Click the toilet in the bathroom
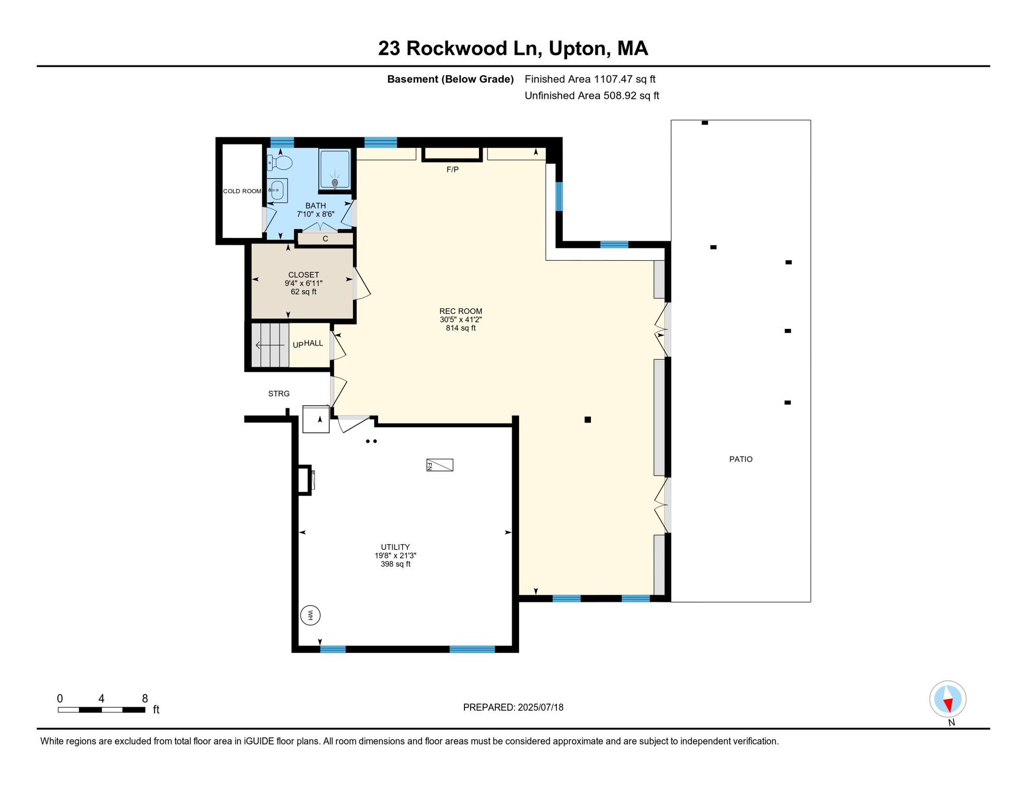[x=280, y=163]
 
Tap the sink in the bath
[x=277, y=191]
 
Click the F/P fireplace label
[x=453, y=169]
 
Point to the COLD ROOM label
[x=242, y=191]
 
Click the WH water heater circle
[x=310, y=615]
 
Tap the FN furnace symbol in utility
[x=440, y=465]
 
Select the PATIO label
[x=741, y=459]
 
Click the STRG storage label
[x=279, y=393]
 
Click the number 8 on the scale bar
[x=145, y=699]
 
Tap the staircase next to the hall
[x=270, y=345]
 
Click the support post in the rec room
[x=588, y=420]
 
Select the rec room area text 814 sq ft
[x=461, y=328]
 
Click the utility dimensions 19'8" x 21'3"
[x=396, y=556]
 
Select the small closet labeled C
[x=325, y=239]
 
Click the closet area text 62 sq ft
[x=304, y=292]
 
